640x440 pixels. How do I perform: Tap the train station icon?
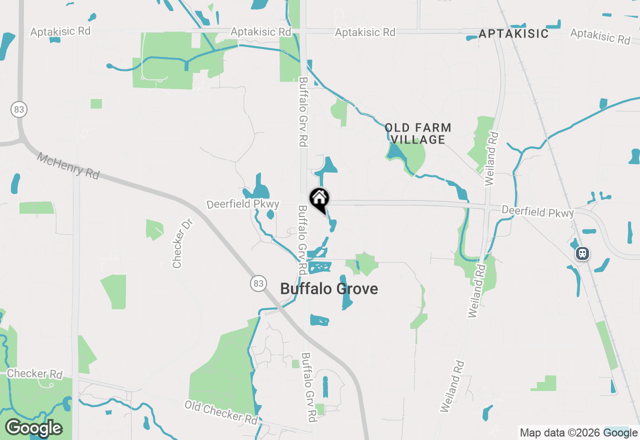pyautogui.click(x=582, y=253)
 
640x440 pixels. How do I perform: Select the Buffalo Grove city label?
pyautogui.click(x=329, y=289)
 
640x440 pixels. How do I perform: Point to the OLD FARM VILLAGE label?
pyautogui.click(x=418, y=134)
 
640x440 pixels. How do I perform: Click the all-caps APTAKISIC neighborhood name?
pyautogui.click(x=513, y=34)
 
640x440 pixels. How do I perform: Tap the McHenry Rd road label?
pyautogui.click(x=68, y=165)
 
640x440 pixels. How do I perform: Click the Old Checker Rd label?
pyautogui.click(x=221, y=411)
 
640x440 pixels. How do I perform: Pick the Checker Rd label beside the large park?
pyautogui.click(x=34, y=374)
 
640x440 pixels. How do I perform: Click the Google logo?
pyautogui.click(x=33, y=428)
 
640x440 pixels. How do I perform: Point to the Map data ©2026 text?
pyautogui.click(x=560, y=433)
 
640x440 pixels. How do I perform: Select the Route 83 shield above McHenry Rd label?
pyautogui.click(x=19, y=109)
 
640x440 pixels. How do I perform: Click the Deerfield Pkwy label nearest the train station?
pyautogui.click(x=538, y=212)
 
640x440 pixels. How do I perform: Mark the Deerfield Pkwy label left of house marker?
pyautogui.click(x=243, y=204)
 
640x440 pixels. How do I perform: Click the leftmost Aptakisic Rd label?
pyautogui.click(x=60, y=31)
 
